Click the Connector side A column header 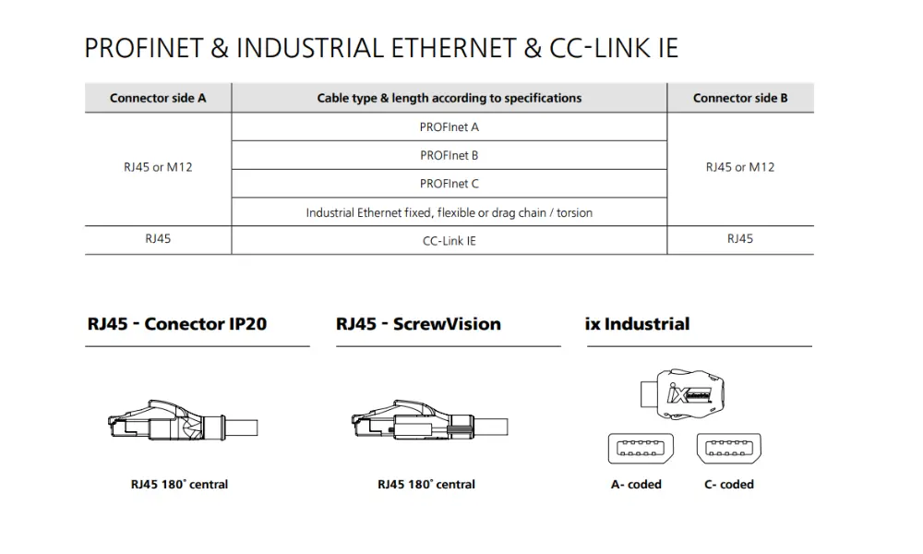[x=158, y=98]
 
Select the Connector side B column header [x=740, y=98]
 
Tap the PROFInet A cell [x=450, y=126]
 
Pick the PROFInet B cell [x=450, y=155]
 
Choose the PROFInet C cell [x=450, y=184]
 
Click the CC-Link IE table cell [x=450, y=240]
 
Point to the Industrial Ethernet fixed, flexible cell [x=450, y=212]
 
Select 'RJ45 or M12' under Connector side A [x=158, y=167]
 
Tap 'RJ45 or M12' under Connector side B [x=740, y=167]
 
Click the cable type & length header [x=450, y=98]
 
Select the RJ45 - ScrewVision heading [x=418, y=324]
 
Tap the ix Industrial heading [x=637, y=324]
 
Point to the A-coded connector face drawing [x=637, y=448]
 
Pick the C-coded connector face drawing [x=728, y=448]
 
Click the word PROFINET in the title [x=144, y=48]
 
